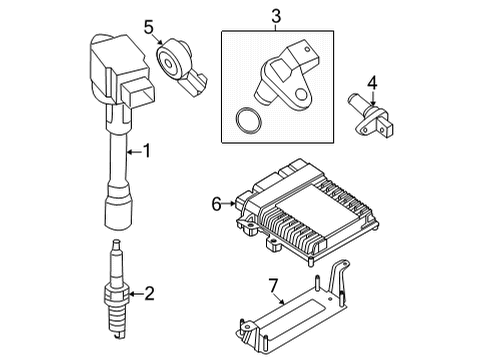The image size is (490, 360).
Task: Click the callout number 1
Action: pos(147,152)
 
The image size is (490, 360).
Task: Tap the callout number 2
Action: pos(149,293)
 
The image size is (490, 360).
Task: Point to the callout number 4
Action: pos(371,82)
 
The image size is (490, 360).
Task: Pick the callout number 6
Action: pos(216,203)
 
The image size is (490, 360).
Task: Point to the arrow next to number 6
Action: pos(232,203)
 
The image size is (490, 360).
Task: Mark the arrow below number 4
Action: pos(371,100)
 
